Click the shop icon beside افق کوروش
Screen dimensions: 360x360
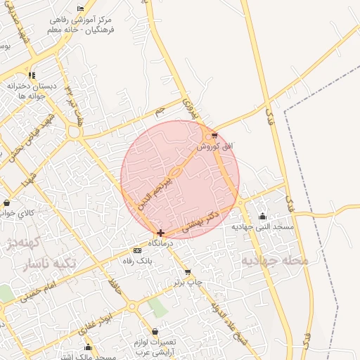[x=214, y=136]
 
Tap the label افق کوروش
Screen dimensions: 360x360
[x=210, y=146]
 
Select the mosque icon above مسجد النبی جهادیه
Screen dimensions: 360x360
[x=263, y=217]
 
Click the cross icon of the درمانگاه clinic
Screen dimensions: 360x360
[x=161, y=233]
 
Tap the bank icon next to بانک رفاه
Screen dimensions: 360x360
[x=137, y=250]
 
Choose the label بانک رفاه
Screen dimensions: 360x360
[x=137, y=260]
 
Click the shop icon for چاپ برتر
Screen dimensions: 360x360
[x=188, y=271]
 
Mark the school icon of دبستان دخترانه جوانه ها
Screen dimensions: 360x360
[x=31, y=75]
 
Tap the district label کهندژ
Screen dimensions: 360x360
[x=20, y=245]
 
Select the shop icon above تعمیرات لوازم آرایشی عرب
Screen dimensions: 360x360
[x=155, y=332]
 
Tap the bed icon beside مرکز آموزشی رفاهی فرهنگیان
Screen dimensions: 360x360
[x=81, y=9]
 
